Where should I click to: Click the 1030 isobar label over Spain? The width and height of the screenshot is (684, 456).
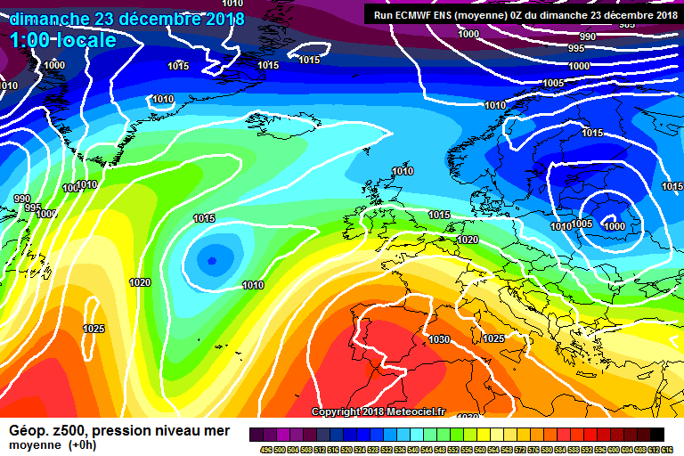439,339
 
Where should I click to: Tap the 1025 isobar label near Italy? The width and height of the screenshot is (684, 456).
493,338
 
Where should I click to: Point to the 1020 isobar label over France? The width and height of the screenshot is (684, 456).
468,240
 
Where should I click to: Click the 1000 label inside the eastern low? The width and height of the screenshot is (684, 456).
615,226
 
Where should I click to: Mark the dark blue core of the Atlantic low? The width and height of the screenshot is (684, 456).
212,261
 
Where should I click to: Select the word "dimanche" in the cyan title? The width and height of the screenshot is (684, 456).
50,18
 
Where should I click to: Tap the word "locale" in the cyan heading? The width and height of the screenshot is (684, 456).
84,40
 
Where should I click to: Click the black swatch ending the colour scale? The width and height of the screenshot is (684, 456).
657,434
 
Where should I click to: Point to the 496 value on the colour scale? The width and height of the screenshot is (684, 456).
265,450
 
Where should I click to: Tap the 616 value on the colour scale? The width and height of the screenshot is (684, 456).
667,450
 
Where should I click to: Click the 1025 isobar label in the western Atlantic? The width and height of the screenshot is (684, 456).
94,329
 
